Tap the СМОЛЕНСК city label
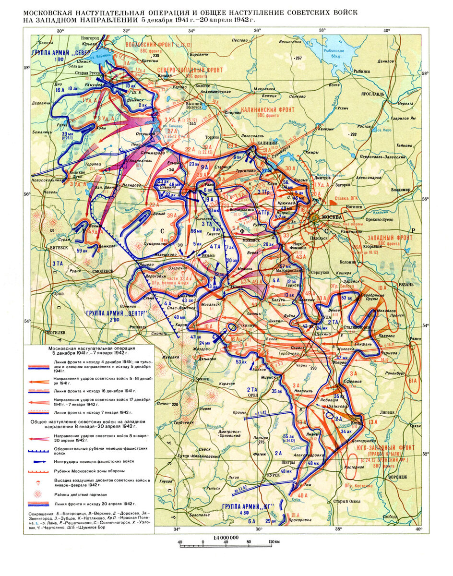[99, 271]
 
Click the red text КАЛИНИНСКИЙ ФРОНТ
[267, 109]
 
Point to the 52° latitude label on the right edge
[424, 453]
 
